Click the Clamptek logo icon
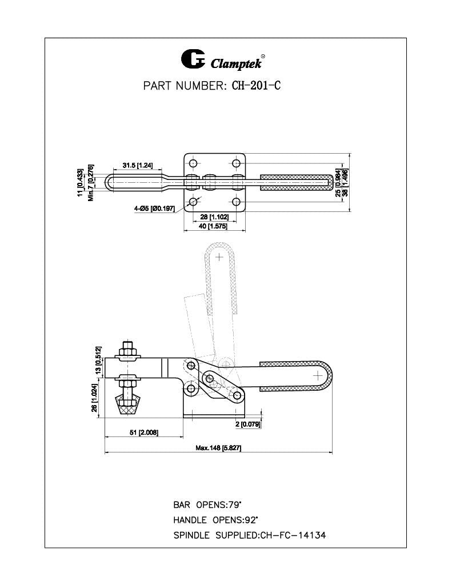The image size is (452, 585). click(x=193, y=59)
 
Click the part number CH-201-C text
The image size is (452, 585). click(x=255, y=86)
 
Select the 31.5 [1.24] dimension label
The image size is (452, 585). click(x=137, y=166)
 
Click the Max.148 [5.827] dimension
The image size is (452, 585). click(x=218, y=448)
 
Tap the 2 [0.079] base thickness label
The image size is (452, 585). click(x=248, y=424)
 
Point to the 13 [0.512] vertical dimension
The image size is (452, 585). click(x=98, y=360)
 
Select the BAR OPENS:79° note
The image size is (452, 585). click(x=207, y=505)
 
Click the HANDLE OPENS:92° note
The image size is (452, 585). click(x=215, y=520)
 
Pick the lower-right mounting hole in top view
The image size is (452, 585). click(x=235, y=201)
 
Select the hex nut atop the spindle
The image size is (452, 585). click(x=127, y=349)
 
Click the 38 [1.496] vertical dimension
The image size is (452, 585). click(x=345, y=183)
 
